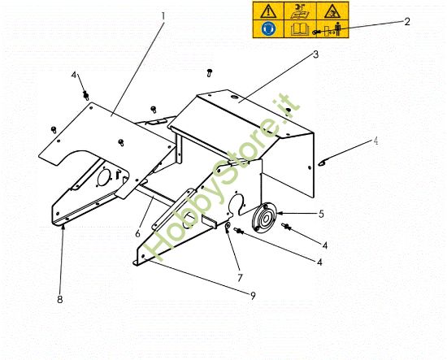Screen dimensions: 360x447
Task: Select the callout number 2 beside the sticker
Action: point(407,22)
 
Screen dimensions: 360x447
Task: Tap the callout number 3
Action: point(315,56)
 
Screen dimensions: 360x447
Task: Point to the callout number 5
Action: point(321,215)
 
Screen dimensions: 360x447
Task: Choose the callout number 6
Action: point(138,233)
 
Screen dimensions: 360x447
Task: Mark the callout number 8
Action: point(60,299)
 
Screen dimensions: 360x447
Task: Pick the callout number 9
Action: point(253,295)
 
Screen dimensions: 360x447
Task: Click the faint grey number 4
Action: point(376,141)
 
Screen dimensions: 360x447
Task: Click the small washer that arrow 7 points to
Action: point(228,225)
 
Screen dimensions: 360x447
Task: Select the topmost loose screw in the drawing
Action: point(210,72)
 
